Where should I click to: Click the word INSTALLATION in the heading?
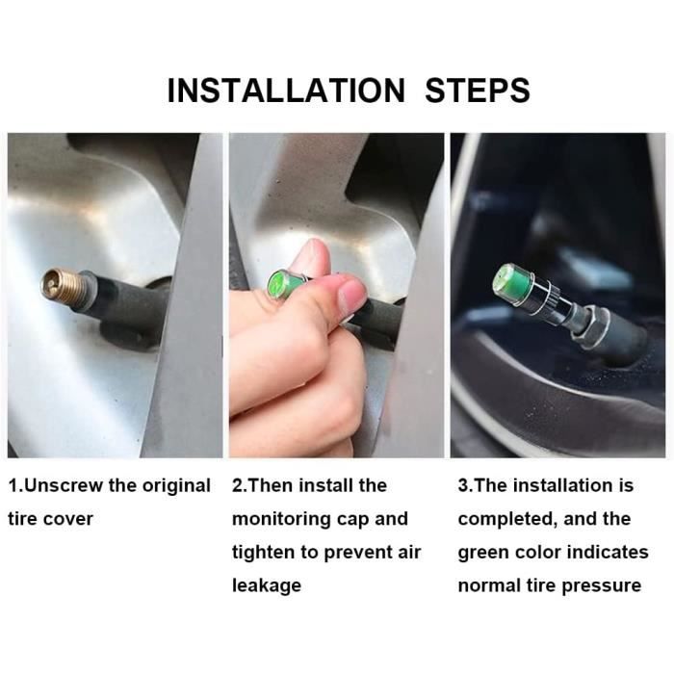[286, 91]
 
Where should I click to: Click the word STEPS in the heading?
[478, 91]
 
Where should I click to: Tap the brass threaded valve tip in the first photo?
[64, 286]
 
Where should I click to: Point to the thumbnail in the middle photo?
[351, 296]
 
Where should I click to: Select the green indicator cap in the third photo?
[514, 284]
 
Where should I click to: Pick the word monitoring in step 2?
[281, 520]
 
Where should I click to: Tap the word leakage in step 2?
[267, 586]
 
